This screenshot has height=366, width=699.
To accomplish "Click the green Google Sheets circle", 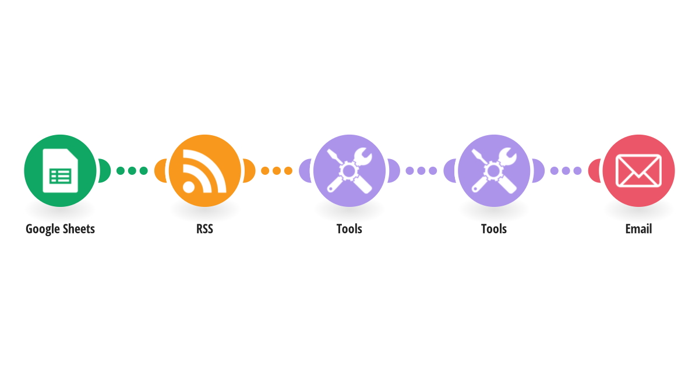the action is point(60,170).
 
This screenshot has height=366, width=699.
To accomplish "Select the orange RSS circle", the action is point(204,170).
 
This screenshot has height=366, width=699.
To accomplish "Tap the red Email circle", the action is point(638,170).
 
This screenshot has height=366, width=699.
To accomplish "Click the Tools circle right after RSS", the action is point(349,170).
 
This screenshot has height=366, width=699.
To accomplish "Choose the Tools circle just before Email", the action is point(493,170).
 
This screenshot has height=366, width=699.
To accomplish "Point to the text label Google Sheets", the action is point(60,229).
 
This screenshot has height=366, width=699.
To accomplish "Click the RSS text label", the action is point(204,229).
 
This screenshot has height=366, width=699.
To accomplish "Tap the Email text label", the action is point(638,229).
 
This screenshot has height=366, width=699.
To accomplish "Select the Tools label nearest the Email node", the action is point(493,229).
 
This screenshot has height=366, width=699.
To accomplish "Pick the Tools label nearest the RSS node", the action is point(349,229).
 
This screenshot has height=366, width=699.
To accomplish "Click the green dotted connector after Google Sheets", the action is point(132,171).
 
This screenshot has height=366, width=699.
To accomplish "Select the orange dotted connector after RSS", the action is point(277,171).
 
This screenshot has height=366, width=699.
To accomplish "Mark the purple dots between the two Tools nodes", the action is point(421,171).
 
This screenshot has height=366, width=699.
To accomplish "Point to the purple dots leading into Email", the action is point(566,171).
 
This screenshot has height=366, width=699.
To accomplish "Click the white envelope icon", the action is point(638,170).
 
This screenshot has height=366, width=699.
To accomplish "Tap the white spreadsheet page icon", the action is point(60,171).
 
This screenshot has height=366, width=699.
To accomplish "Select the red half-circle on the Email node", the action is point(594,171).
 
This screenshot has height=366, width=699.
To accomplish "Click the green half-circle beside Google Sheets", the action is point(104,171).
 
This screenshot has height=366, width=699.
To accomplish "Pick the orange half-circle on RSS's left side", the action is point(162,171).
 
